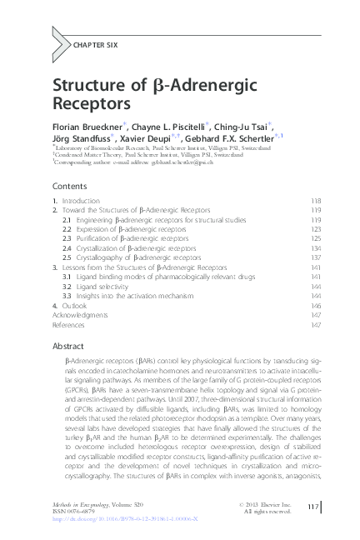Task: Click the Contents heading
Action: coord(70,186)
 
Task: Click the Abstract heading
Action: coord(68,344)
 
